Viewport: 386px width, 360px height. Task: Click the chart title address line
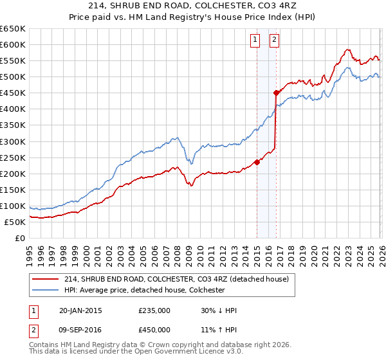pos(192,6)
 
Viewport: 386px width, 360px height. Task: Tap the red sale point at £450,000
pos(276,93)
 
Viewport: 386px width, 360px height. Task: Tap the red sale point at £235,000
pos(257,162)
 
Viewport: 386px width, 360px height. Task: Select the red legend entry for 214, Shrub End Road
pos(179,279)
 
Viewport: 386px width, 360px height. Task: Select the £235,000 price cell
pos(154,310)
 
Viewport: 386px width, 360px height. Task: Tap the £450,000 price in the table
pos(154,329)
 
